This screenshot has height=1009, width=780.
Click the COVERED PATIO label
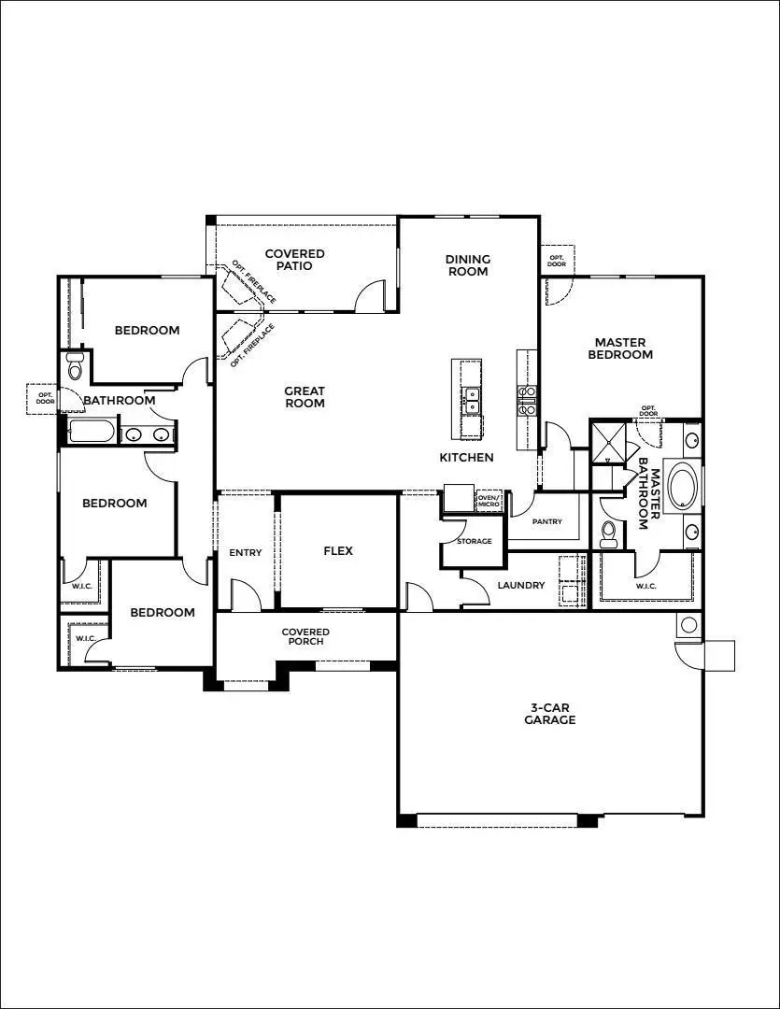pyautogui.click(x=294, y=260)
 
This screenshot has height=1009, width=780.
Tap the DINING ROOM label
pyautogui.click(x=467, y=265)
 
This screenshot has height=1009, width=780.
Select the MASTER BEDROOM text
pyautogui.click(x=623, y=348)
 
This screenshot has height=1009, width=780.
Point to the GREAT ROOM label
pyautogui.click(x=305, y=397)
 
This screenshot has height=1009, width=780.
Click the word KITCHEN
pyautogui.click(x=466, y=457)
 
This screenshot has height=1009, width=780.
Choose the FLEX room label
pyautogui.click(x=338, y=551)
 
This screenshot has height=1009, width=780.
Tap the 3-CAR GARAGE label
pyautogui.click(x=549, y=714)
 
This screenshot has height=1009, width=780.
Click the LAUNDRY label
pyautogui.click(x=520, y=586)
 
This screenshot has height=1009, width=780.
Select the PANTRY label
pyautogui.click(x=546, y=522)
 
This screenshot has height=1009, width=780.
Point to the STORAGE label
pyautogui.click(x=474, y=541)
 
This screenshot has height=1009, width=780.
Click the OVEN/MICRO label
pyautogui.click(x=489, y=502)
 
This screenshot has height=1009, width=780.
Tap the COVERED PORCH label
pyautogui.click(x=305, y=637)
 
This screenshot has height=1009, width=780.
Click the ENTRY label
pyautogui.click(x=246, y=553)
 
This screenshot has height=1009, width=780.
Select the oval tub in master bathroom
pyautogui.click(x=679, y=487)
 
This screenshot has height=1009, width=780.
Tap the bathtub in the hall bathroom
pyautogui.click(x=92, y=433)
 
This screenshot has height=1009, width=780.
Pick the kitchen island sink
pyautogui.click(x=472, y=400)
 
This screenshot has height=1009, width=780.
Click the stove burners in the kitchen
pyautogui.click(x=527, y=400)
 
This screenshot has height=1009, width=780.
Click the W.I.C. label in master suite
pyautogui.click(x=645, y=586)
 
